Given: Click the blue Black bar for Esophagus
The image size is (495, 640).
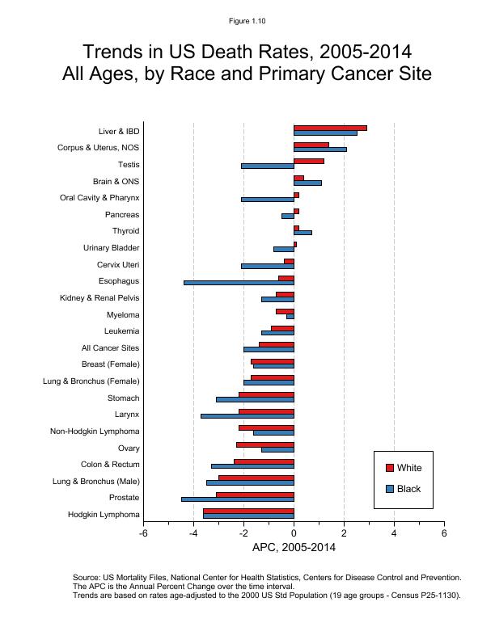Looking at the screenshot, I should tap(239, 283).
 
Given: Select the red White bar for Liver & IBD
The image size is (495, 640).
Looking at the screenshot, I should tap(330, 128).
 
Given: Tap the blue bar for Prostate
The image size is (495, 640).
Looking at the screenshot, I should tap(237, 499).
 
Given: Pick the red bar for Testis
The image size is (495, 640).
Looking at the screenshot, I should tap(309, 161).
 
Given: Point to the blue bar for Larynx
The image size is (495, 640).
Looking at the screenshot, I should tap(247, 416).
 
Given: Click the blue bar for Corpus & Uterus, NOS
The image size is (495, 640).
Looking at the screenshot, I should tap(319, 149).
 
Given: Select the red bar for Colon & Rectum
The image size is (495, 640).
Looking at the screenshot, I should tap(264, 461).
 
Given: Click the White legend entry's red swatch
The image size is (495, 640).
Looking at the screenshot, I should tap(389, 468).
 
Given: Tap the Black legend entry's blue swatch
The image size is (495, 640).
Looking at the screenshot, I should tap(389, 489).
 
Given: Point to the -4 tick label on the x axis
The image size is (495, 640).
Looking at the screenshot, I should tap(193, 533).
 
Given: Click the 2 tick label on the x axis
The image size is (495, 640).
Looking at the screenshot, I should tap(344, 533).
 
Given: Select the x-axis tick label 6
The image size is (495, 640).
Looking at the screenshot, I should tap(444, 533).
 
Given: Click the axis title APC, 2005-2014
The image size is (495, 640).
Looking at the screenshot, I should tap(294, 547).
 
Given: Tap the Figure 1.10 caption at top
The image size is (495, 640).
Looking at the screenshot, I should tap(247, 21).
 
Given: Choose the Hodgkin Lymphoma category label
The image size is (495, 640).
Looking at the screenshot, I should tap(104, 515).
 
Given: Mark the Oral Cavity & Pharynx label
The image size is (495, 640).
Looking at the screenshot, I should tap(99, 198).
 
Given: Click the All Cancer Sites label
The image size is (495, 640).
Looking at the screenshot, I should tap(110, 348).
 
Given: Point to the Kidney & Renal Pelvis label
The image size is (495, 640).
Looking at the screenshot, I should tap(99, 298).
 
